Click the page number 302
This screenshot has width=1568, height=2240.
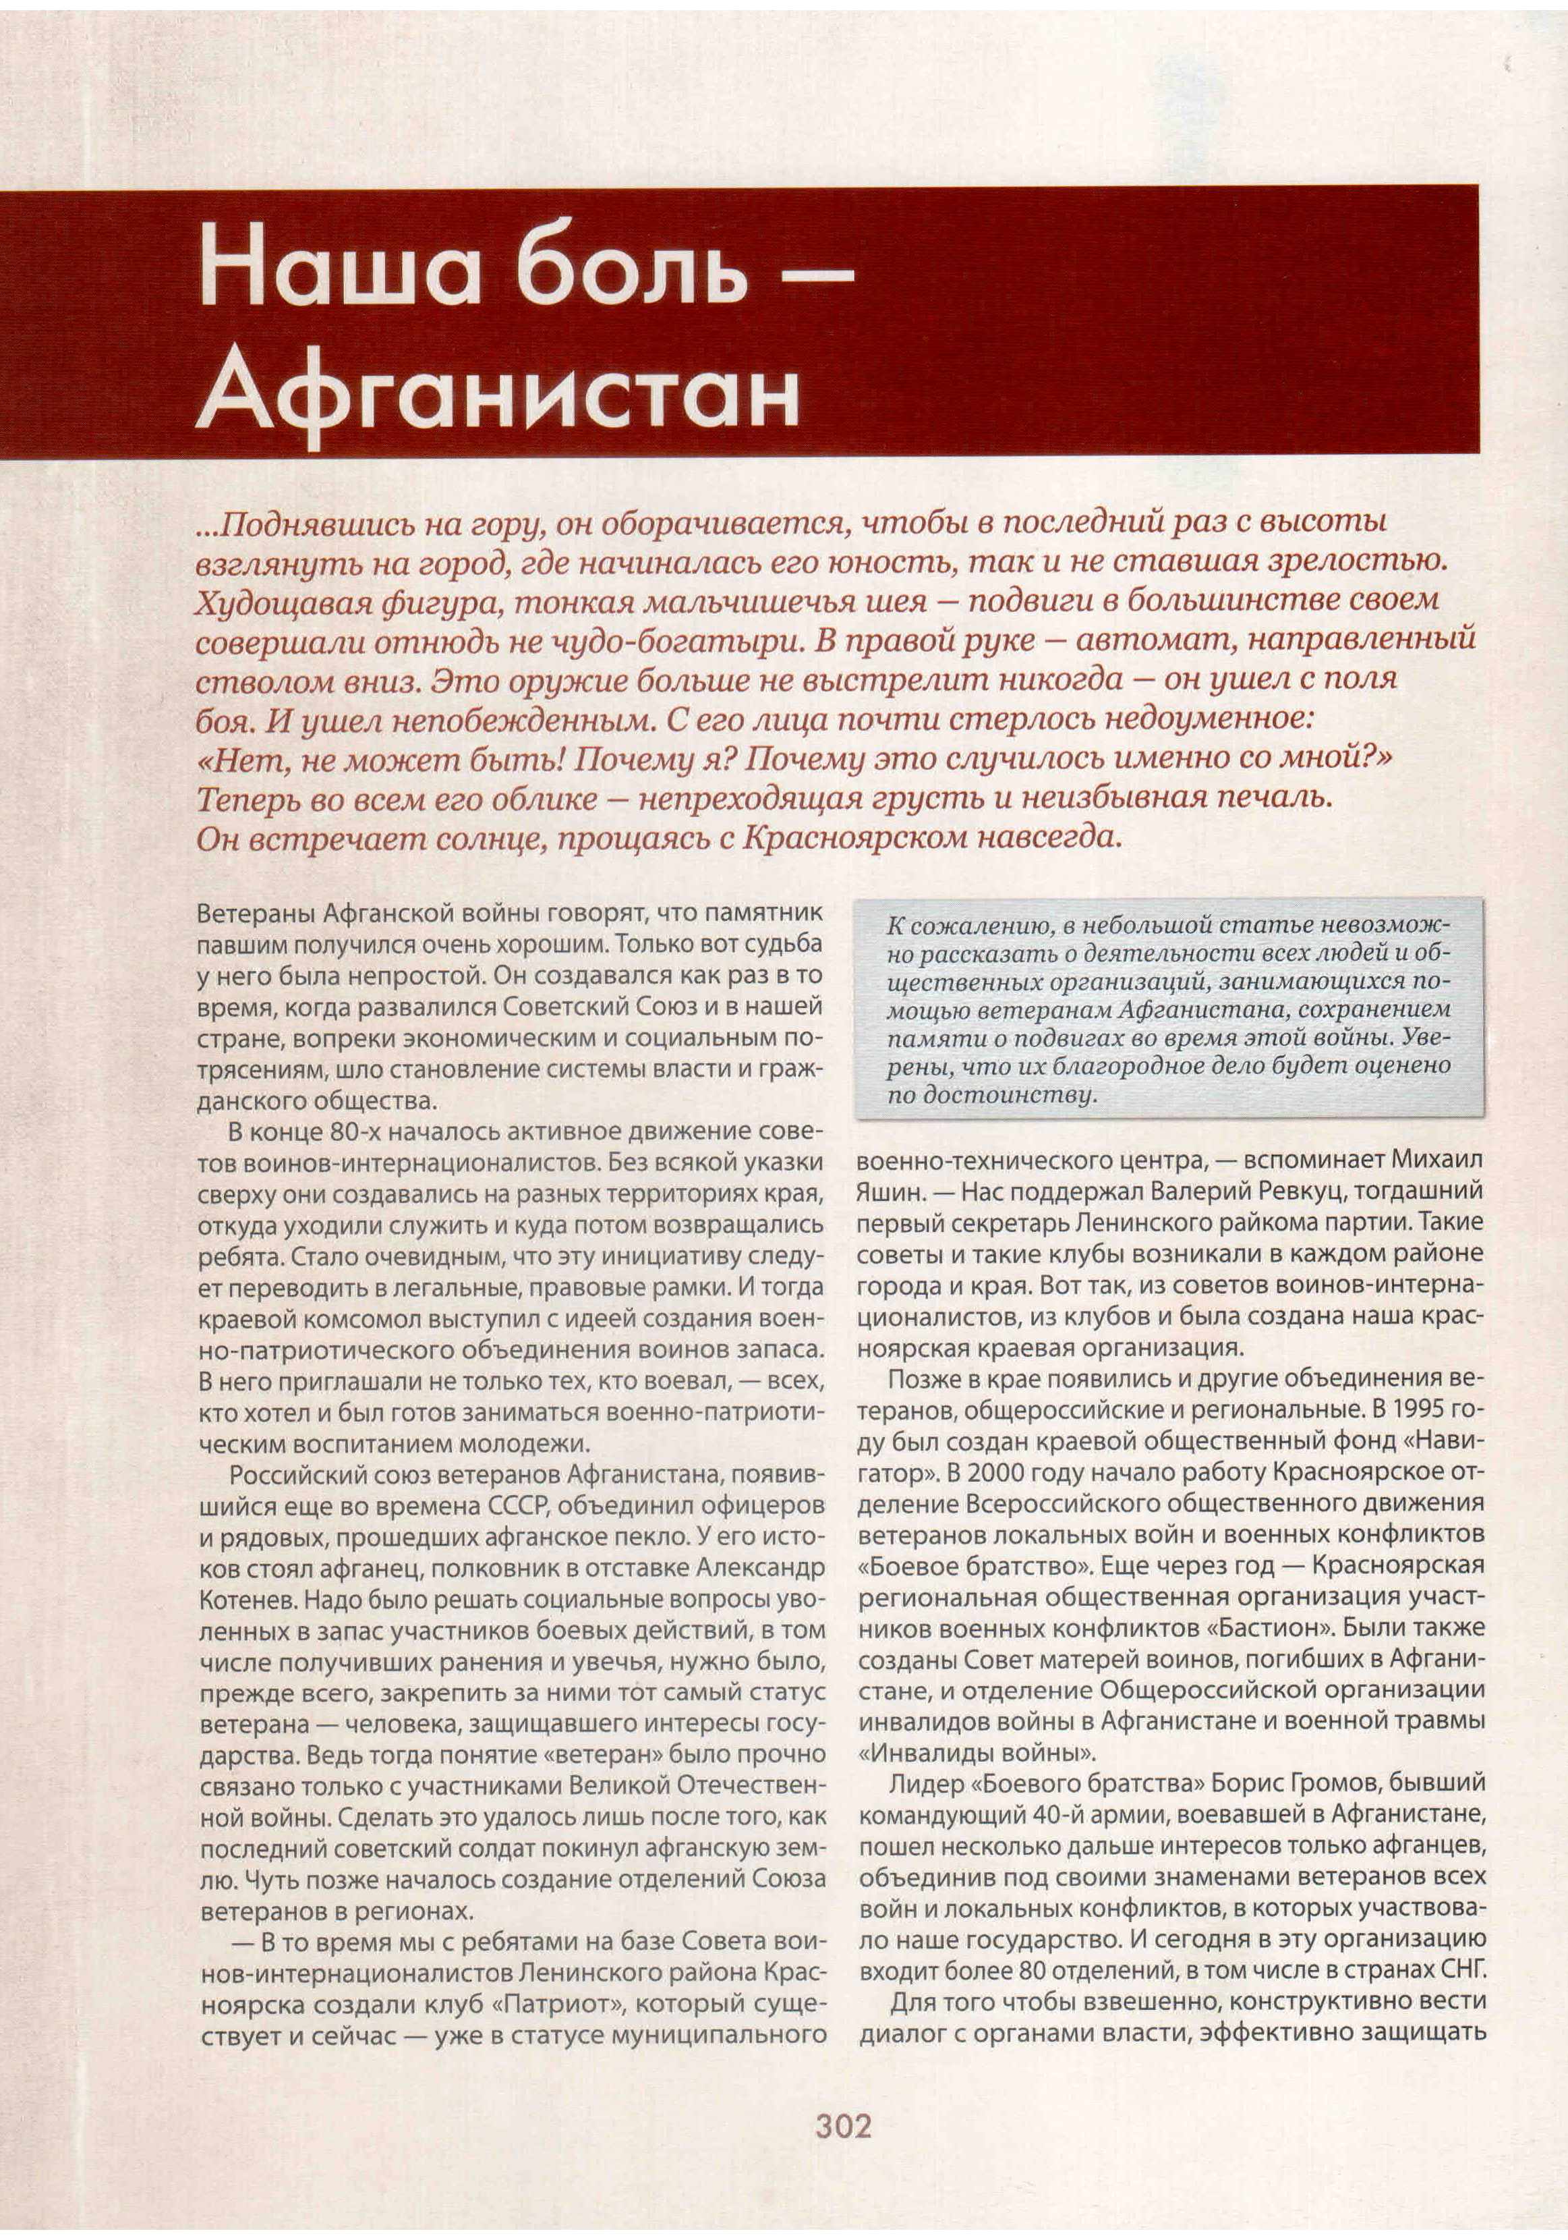(x=842, y=2125)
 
